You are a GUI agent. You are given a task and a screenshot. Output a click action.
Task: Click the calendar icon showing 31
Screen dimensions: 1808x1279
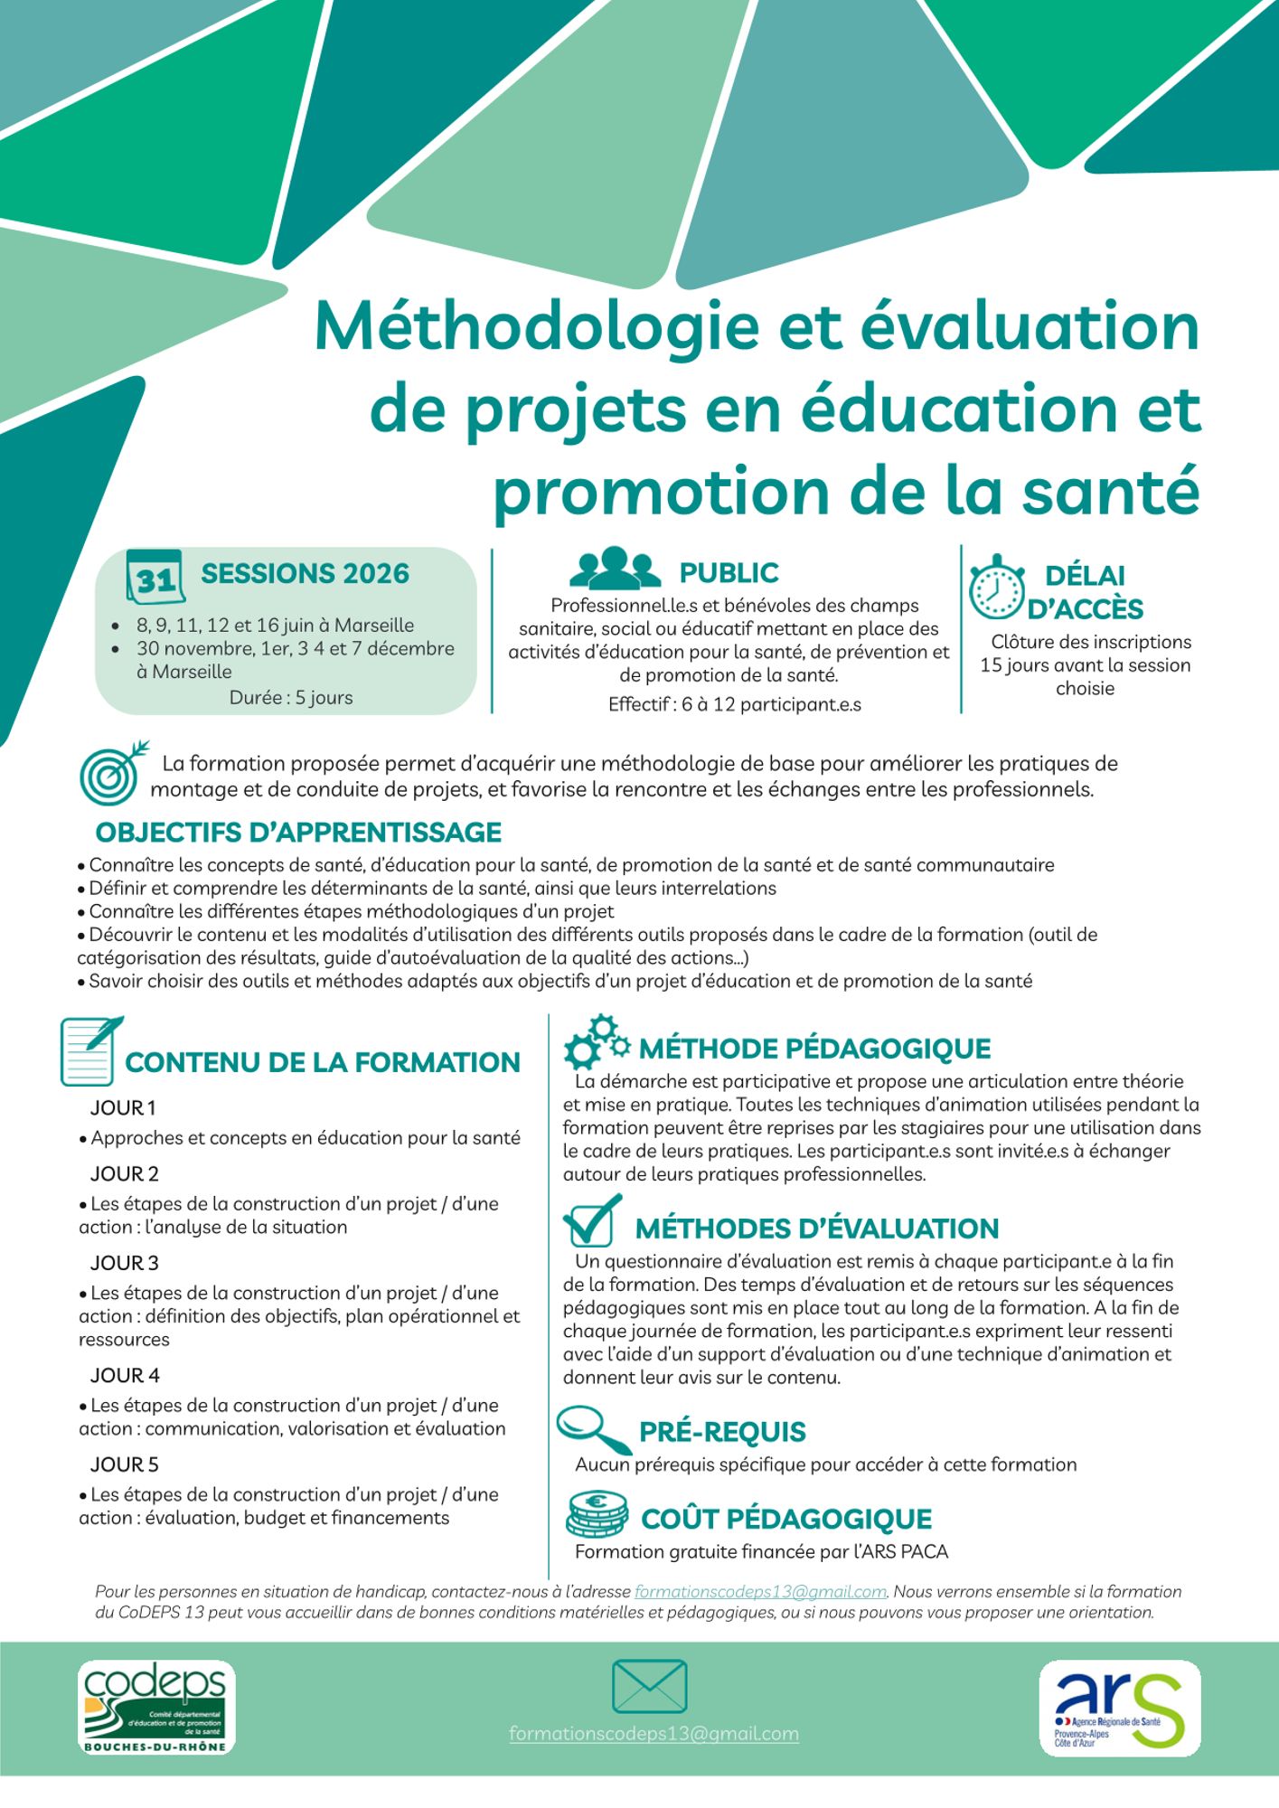pos(155,576)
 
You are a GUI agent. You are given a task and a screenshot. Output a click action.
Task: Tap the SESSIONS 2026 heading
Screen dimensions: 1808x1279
pos(305,574)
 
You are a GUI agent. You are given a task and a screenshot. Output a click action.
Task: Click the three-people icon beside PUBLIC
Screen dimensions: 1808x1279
pos(615,569)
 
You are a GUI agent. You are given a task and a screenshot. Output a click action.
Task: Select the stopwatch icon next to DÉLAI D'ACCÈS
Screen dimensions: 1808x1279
pos(996,588)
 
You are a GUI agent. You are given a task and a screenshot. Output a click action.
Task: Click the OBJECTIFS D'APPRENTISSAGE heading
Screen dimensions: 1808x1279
pos(298,832)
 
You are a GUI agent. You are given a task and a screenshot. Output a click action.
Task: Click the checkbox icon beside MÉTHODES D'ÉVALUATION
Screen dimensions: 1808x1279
pos(592,1220)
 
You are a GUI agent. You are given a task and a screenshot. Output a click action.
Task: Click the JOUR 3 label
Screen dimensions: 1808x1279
pos(124,1263)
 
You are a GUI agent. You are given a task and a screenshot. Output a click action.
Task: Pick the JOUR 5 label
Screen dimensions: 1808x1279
pos(124,1464)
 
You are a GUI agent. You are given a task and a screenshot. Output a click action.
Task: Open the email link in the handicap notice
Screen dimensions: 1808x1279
pos(760,1592)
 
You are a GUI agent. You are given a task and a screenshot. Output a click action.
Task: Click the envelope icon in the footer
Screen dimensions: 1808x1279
pos(649,1687)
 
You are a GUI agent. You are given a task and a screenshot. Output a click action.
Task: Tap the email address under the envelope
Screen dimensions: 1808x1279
pos(654,1734)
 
